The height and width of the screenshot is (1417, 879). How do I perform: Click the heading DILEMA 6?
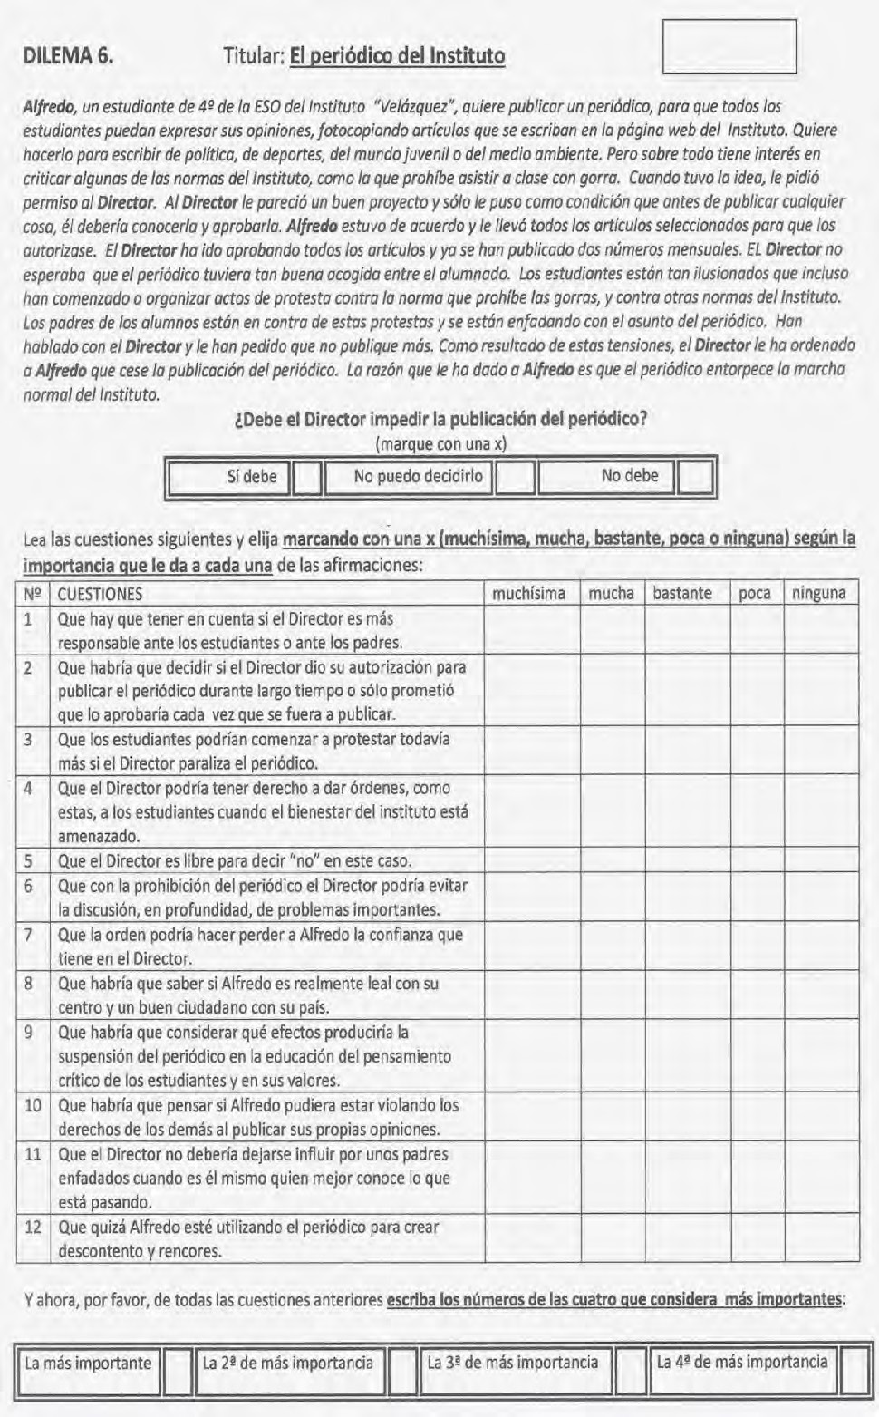point(68,56)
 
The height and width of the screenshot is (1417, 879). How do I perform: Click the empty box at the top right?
point(729,45)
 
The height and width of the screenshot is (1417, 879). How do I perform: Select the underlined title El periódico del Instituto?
point(397,56)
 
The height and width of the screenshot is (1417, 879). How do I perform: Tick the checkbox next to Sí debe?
point(308,478)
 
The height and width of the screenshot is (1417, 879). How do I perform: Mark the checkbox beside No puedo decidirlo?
point(515,478)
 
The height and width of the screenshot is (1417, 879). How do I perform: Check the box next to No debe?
point(696,478)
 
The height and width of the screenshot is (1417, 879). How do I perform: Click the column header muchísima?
point(528,594)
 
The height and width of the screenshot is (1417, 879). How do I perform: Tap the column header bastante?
point(682,594)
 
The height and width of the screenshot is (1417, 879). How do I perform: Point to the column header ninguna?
point(819,594)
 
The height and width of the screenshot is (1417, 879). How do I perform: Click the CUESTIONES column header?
point(100,595)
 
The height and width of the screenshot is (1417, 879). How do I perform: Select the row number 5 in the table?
point(29,861)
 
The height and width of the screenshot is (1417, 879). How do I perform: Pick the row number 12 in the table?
point(33,1228)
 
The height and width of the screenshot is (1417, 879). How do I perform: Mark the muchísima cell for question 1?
point(532,631)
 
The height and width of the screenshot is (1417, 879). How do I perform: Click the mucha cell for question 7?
point(612,946)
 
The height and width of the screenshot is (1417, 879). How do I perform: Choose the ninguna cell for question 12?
point(820,1239)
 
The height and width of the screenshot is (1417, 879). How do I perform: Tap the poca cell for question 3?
point(756,752)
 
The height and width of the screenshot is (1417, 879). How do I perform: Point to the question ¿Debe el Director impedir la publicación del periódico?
point(440,420)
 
